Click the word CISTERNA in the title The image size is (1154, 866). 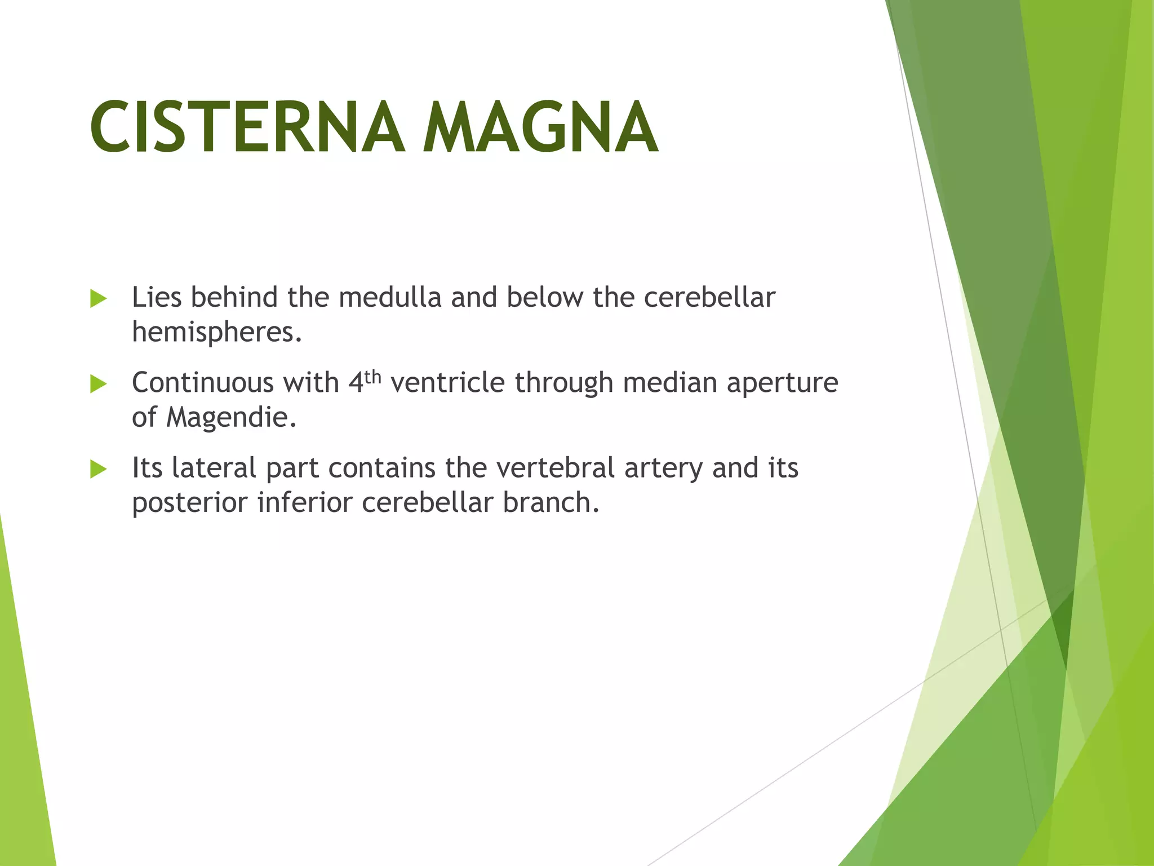pos(247,127)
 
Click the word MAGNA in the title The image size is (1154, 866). pos(540,127)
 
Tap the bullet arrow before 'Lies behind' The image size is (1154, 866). pos(98,299)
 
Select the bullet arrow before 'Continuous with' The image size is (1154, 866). pos(98,385)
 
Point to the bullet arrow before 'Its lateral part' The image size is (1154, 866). pos(98,469)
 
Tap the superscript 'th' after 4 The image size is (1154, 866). pos(373,377)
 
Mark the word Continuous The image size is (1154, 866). pos(203,383)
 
